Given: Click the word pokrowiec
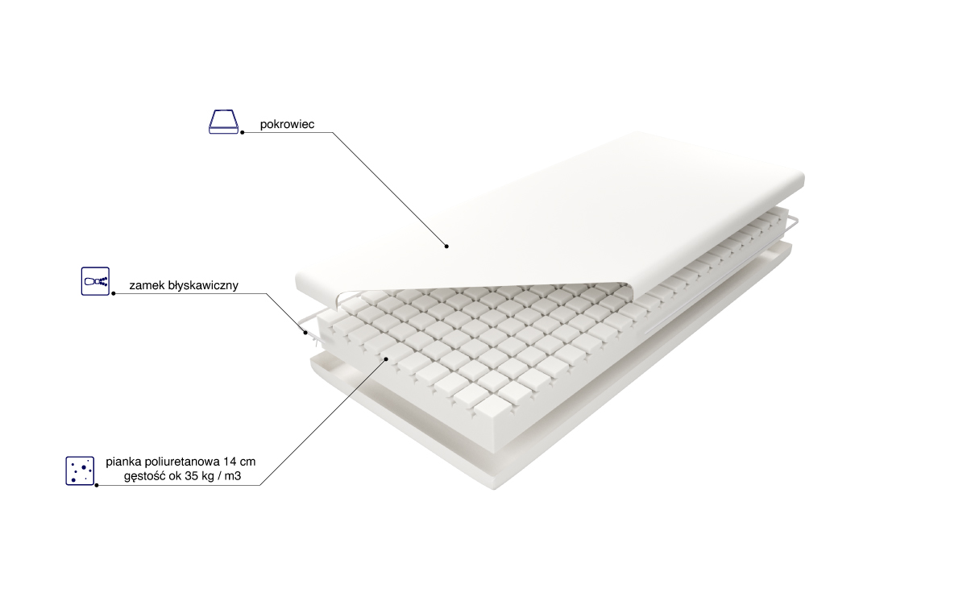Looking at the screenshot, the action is [287, 124].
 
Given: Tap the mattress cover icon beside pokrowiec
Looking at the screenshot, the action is [224, 122].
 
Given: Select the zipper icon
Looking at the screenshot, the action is [95, 281].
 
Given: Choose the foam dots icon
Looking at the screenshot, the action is [80, 471].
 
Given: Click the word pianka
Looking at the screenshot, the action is [124, 462].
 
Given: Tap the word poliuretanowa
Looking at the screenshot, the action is [182, 462].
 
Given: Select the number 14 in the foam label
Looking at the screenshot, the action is [230, 462].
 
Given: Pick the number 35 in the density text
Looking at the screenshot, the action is [191, 476].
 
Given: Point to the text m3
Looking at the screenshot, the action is [233, 476].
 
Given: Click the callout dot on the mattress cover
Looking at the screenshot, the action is [446, 246].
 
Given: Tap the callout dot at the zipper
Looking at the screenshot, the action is [305, 333].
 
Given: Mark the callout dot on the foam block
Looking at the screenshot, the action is [386, 359].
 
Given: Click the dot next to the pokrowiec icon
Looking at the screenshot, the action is [243, 132].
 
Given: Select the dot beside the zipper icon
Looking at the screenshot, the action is [114, 293].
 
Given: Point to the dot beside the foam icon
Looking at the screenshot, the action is [97, 485].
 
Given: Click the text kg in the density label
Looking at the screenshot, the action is [208, 477].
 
